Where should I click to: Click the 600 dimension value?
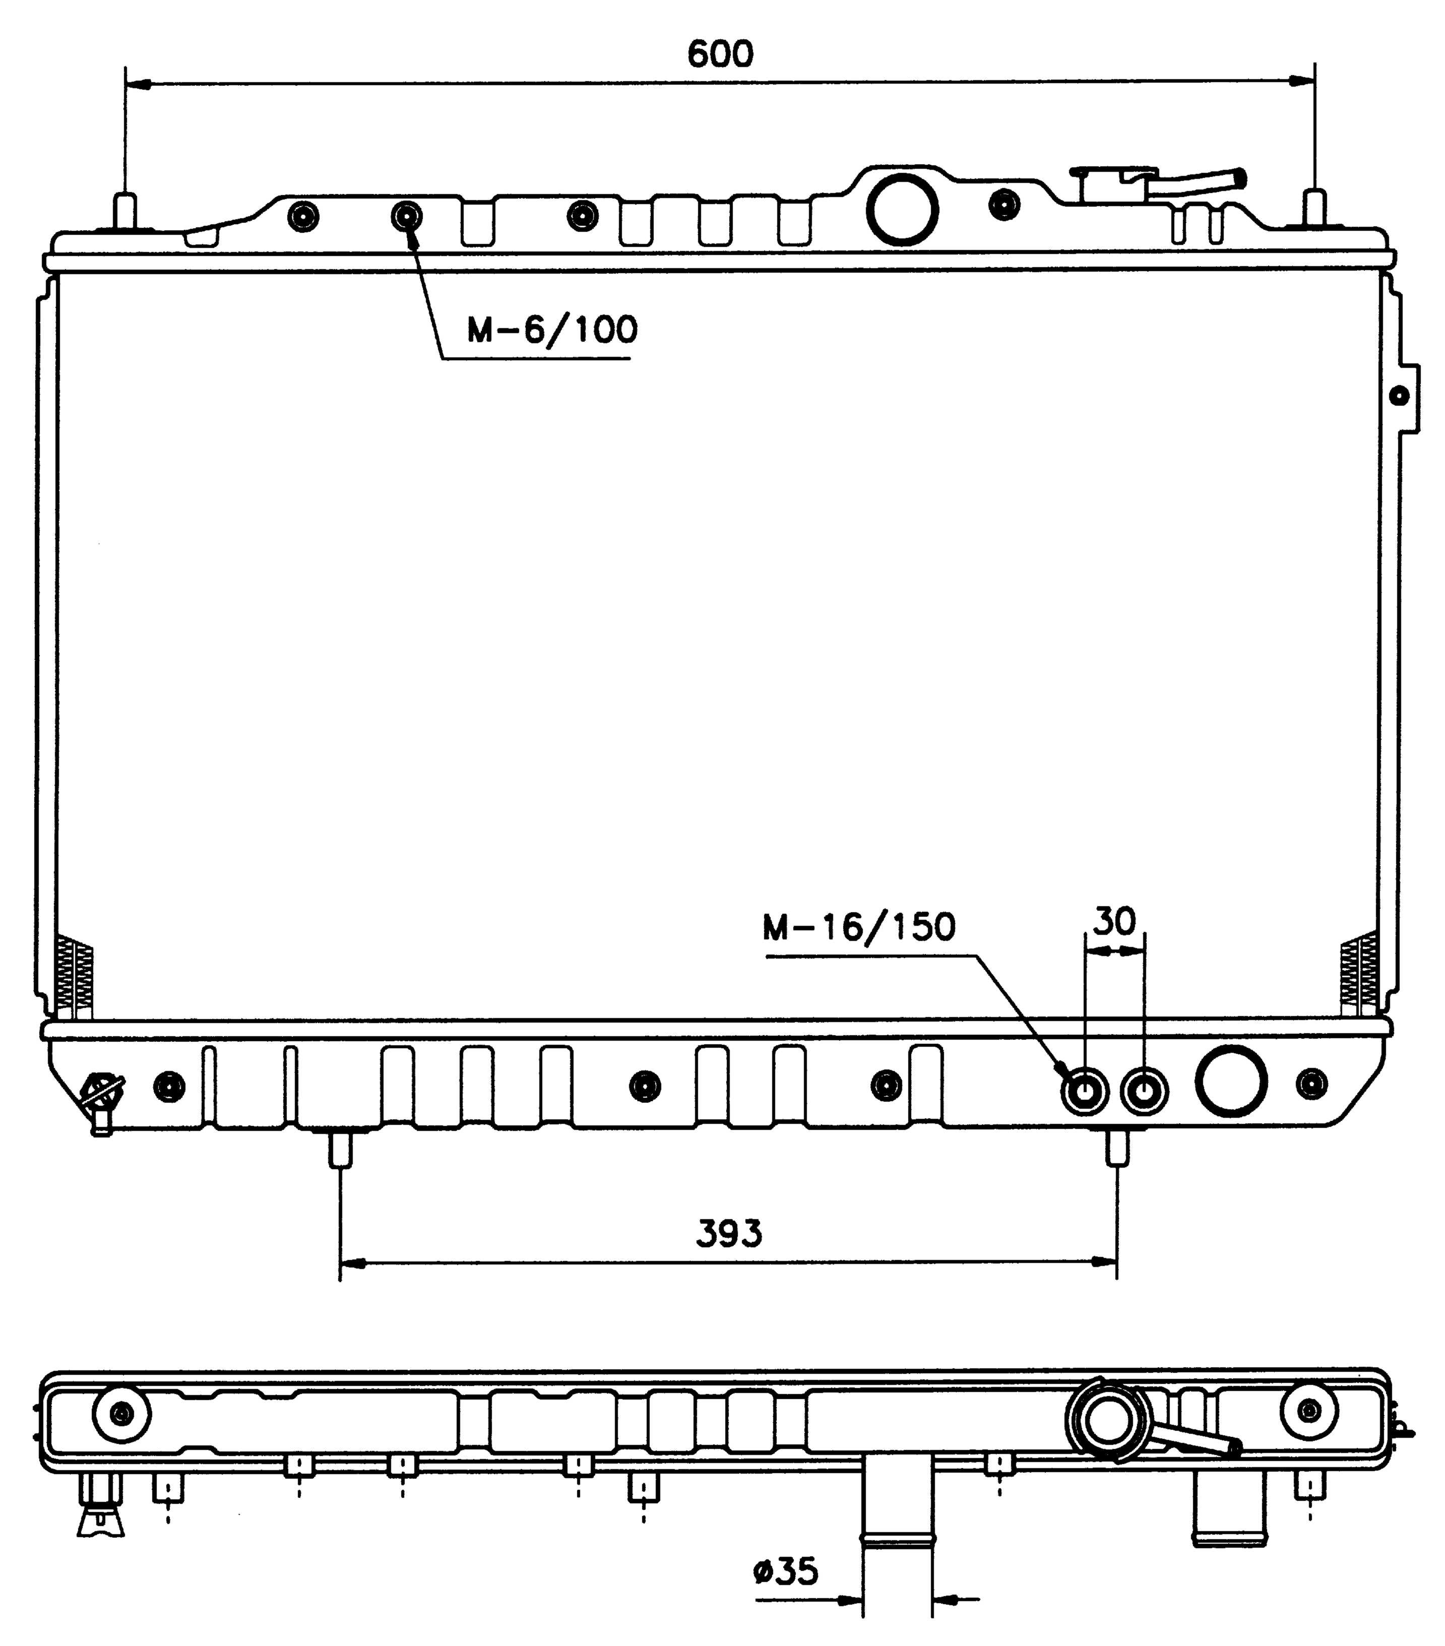(720, 54)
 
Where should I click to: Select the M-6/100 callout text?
(552, 330)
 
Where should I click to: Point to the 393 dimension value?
(729, 1233)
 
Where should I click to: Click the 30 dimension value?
(1115, 920)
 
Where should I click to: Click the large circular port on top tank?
(902, 209)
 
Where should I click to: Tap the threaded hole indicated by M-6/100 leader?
(407, 216)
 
